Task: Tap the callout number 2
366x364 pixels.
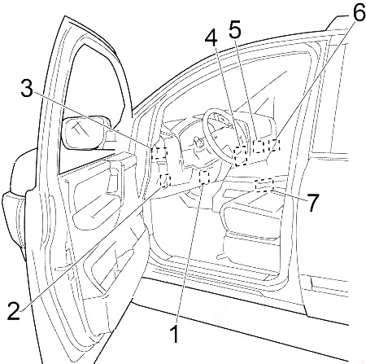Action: (x=15, y=310)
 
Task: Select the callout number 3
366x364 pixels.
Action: (x=27, y=88)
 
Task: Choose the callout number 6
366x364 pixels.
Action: (x=359, y=12)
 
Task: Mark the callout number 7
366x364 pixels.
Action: (x=312, y=203)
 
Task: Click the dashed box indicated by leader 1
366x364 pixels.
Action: (x=204, y=178)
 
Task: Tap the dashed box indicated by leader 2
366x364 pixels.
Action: (x=165, y=181)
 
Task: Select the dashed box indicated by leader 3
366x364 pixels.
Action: (x=159, y=153)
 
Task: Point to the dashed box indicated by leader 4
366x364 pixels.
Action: (x=240, y=156)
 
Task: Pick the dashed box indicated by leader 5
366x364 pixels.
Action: (x=258, y=147)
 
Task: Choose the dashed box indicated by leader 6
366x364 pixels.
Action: (x=274, y=145)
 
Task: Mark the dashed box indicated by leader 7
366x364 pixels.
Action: (x=264, y=186)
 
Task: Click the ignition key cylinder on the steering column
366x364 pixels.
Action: (x=198, y=142)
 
